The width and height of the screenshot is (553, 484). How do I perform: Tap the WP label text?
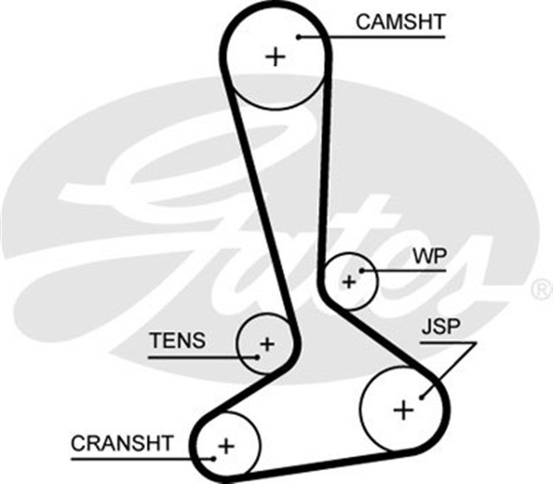coord(429,256)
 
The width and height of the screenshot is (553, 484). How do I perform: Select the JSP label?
coord(441,328)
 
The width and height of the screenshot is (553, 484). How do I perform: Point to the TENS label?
coord(177,340)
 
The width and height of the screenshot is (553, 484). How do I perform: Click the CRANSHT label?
coord(122,443)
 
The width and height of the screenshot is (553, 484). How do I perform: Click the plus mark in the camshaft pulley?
coord(275,57)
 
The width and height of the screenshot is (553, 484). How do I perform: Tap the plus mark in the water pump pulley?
coord(349,281)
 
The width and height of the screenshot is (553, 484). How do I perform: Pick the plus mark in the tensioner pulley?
coord(267,344)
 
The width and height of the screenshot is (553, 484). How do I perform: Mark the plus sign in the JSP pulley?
coord(403,409)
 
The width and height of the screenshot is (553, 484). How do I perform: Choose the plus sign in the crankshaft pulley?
coord(226,446)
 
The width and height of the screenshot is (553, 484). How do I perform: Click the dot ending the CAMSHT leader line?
coord(297,36)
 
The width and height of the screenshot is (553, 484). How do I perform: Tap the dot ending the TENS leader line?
coord(257,355)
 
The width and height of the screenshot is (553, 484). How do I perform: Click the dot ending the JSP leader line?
coord(422,398)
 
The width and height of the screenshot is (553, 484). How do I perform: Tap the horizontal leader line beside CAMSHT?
coord(389,36)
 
